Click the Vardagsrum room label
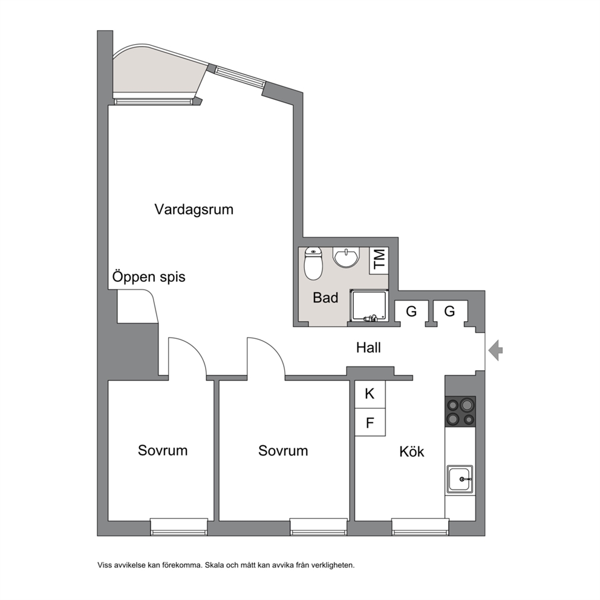194,210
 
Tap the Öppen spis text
149,276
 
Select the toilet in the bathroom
313,263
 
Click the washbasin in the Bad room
347,257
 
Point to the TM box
379,260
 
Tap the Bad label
325,298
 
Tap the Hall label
368,348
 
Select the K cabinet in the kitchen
370,394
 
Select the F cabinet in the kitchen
370,422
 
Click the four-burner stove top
460,412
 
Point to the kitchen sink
460,478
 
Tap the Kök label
412,452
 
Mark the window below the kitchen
420,527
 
